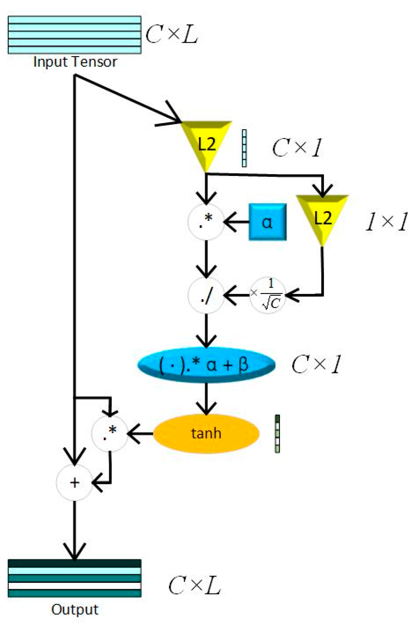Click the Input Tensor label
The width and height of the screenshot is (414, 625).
tap(75, 62)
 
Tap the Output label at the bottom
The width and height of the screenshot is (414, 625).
tap(75, 609)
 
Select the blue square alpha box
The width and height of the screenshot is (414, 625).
tap(267, 222)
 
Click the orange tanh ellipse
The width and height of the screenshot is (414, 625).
tap(206, 433)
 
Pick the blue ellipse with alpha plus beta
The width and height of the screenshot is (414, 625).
tap(206, 365)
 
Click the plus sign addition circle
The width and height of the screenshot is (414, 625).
tap(75, 483)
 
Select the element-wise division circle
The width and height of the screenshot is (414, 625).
tap(206, 295)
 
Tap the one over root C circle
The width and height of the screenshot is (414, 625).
tap(268, 295)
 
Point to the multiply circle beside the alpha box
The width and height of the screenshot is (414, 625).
tap(206, 222)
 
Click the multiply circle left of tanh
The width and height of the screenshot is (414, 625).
tap(110, 433)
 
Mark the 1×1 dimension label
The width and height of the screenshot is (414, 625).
tap(386, 222)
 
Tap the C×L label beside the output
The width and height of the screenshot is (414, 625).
tap(194, 585)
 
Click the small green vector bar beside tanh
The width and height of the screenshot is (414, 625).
tap(277, 433)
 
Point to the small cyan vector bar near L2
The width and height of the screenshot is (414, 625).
tap(244, 148)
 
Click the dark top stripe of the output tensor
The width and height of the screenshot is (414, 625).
tap(75, 563)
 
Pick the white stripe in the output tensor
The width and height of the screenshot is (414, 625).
tap(75, 586)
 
